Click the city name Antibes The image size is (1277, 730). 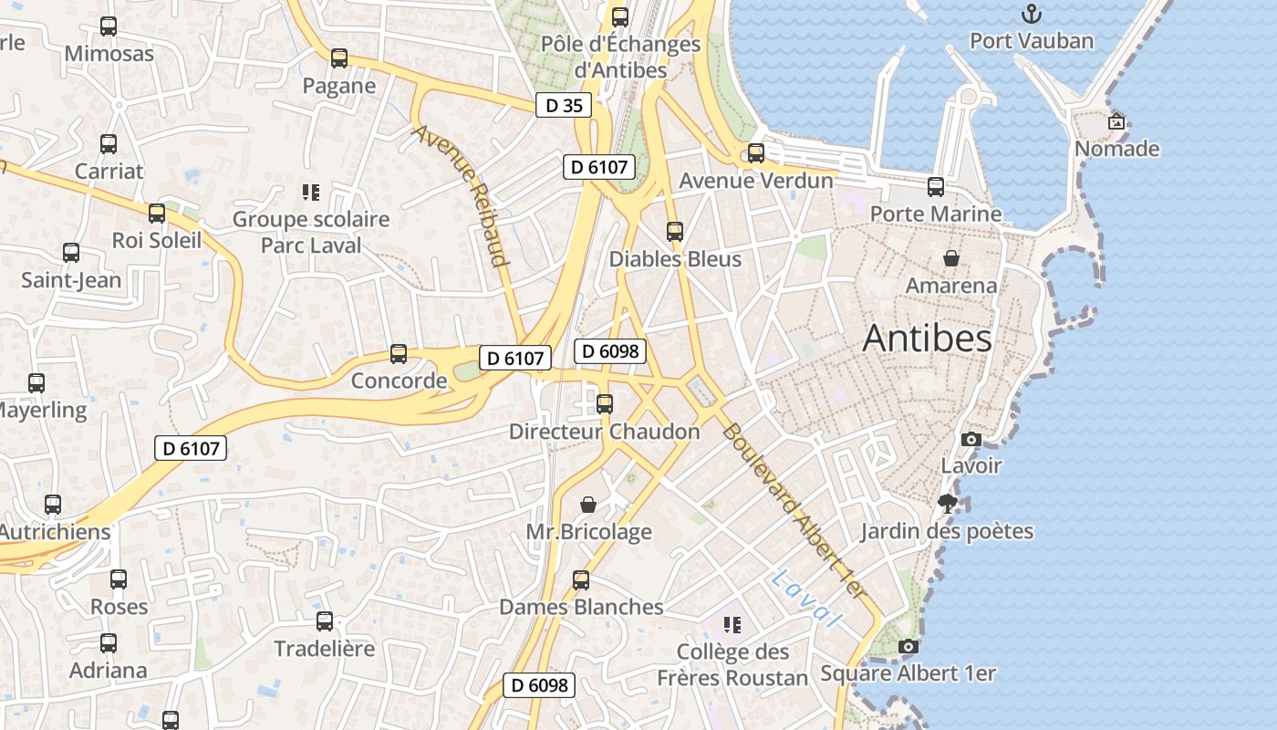click(927, 339)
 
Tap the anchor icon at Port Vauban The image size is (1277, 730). click(1031, 15)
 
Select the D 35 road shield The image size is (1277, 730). click(563, 105)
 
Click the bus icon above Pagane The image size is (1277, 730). click(339, 58)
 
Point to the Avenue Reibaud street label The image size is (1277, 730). click(460, 195)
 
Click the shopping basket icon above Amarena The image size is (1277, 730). click(951, 258)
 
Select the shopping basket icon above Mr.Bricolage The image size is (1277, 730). click(588, 505)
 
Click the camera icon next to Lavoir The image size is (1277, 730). click(971, 439)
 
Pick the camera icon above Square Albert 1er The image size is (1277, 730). click(908, 647)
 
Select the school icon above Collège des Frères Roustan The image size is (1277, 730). click(732, 625)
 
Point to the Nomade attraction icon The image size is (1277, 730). click(1116, 121)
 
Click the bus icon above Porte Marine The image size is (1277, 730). click(936, 187)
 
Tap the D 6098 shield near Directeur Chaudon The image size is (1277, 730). click(610, 351)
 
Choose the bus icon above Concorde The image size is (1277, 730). click(399, 354)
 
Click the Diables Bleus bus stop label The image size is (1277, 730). click(675, 259)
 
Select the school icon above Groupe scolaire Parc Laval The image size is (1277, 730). click(310, 193)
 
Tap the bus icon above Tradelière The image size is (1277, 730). click(325, 621)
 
